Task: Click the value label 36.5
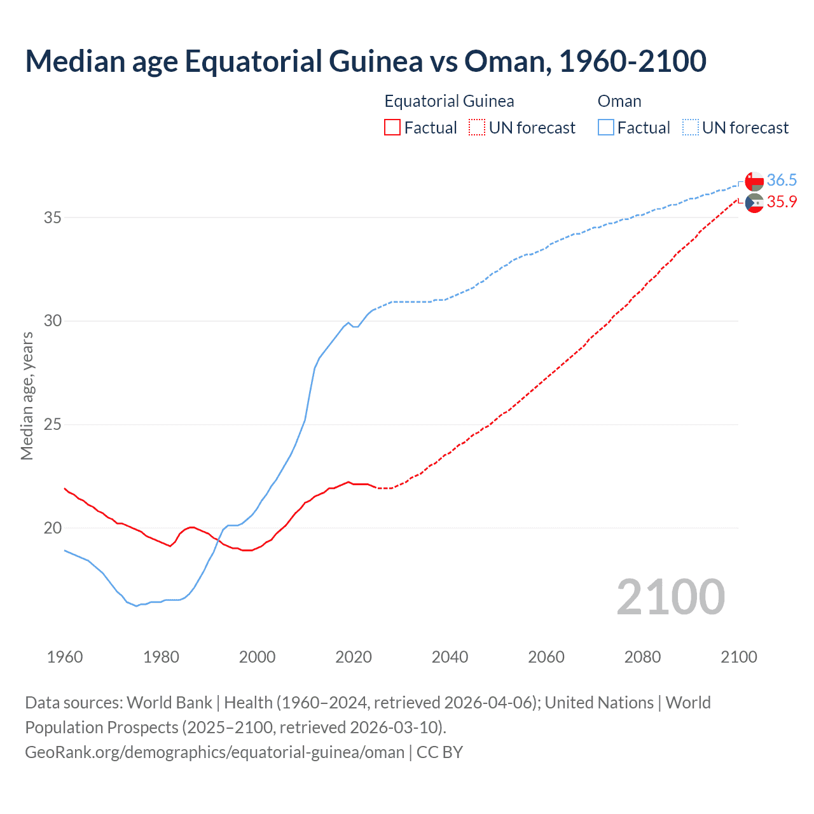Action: point(782,181)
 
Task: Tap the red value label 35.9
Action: point(782,202)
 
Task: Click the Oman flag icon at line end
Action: point(754,181)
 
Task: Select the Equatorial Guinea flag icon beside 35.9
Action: point(754,203)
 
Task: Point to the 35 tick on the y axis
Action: point(53,217)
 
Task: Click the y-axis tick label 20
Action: point(53,528)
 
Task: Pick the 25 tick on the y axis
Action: point(53,424)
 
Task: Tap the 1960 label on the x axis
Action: point(65,657)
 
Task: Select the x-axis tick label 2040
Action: point(450,657)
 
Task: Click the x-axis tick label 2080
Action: point(642,657)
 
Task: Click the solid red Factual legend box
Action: point(392,128)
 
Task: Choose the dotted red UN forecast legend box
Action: point(477,128)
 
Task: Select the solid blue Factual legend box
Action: point(606,128)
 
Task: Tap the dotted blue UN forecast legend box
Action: point(690,128)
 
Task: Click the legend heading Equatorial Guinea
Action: point(449,101)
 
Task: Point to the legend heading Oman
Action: point(619,101)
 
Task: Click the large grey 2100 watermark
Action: point(670,597)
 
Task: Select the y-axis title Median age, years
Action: point(27,396)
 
